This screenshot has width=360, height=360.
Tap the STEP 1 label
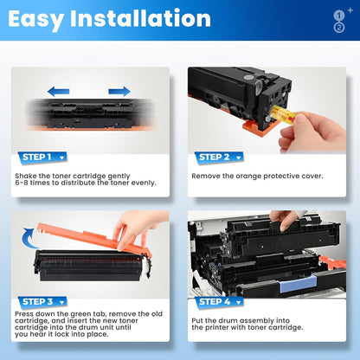coord(39,157)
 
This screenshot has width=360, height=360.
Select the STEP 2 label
coord(215,157)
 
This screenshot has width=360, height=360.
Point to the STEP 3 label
coord(39,302)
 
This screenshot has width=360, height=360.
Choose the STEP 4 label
coord(215,302)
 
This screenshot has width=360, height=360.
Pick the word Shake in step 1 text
coord(25,176)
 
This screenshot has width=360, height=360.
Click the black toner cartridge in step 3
coord(87,264)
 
